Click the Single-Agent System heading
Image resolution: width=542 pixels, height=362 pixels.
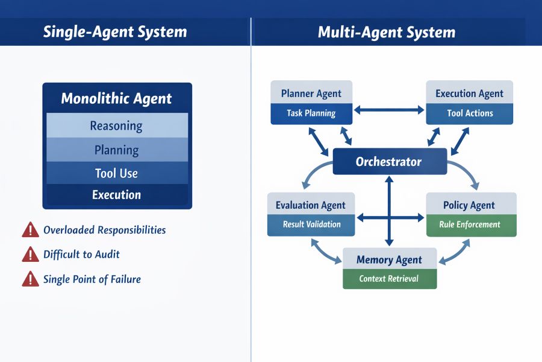[115, 32]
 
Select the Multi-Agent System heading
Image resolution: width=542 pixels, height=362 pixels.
[387, 32]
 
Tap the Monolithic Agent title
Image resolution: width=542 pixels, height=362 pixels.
[117, 99]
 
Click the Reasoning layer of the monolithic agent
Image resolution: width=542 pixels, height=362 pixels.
[117, 125]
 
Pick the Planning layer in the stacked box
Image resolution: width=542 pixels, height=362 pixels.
[117, 150]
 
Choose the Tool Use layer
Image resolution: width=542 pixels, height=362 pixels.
[117, 173]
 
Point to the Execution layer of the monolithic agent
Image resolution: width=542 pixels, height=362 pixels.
[117, 195]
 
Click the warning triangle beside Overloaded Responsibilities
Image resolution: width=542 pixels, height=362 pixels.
[30, 230]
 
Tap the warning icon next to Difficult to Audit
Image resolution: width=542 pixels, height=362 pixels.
[30, 255]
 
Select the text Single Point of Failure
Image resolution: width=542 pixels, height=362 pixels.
[92, 279]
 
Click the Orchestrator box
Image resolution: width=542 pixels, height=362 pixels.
[390, 162]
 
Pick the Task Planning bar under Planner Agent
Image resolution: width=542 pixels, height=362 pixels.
[311, 113]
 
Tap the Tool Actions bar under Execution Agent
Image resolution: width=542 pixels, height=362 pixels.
[470, 113]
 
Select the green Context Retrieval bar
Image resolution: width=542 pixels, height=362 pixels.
[389, 279]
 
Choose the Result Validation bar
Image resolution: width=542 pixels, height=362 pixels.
[311, 224]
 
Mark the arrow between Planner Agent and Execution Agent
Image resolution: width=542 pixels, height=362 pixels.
[389, 110]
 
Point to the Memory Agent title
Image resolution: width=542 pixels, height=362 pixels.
[389, 260]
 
